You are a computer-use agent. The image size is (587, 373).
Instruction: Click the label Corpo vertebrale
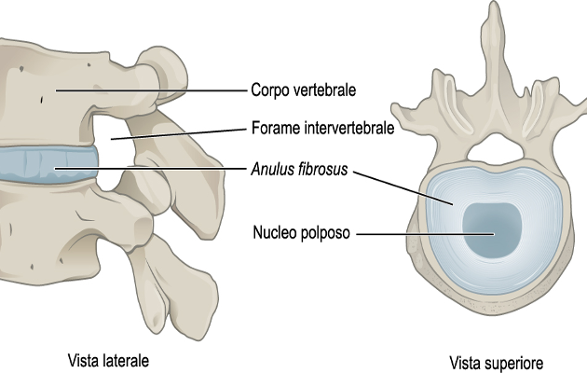pos(305,90)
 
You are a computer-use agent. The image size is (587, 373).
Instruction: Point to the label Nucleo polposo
pos(297,232)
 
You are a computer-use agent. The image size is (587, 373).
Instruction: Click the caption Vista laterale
pos(109,359)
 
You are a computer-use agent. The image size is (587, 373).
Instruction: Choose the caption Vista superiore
pos(495,361)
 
